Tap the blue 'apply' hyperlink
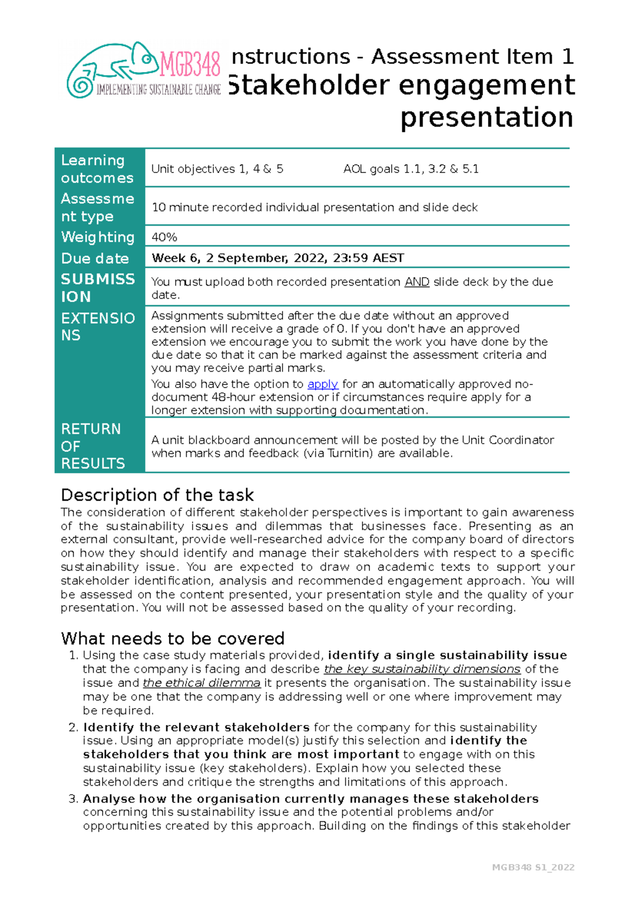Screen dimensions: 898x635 [322, 384]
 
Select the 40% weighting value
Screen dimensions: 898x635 [165, 237]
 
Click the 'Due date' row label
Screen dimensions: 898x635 [95, 259]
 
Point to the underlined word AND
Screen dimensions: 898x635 [416, 282]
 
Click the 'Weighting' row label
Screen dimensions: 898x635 [98, 237]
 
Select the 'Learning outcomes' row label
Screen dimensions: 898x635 [97, 169]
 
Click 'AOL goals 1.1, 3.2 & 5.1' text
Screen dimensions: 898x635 [411, 169]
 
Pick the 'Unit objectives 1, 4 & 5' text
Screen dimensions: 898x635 [217, 169]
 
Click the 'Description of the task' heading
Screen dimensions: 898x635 [157, 495]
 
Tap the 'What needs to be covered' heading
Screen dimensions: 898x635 [173, 638]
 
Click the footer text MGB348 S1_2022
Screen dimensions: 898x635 [533, 867]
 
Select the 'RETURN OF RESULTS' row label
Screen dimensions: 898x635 [93, 446]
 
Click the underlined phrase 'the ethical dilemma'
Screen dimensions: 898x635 [201, 683]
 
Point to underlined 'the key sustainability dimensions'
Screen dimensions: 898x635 [422, 669]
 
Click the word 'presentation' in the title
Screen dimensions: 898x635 [486, 117]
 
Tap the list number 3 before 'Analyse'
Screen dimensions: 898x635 [73, 799]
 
